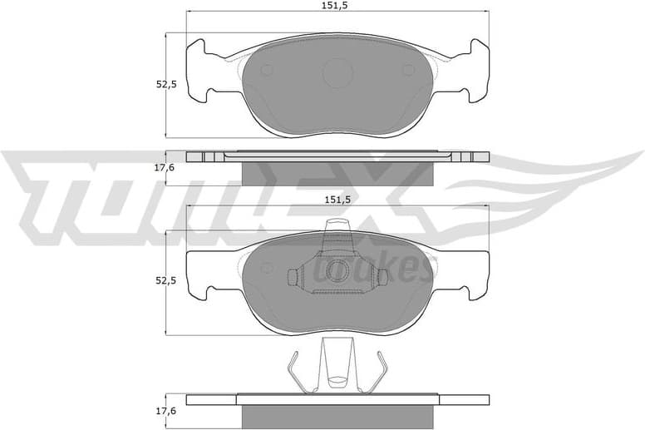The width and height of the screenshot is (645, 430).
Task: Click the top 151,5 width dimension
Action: coord(335,6)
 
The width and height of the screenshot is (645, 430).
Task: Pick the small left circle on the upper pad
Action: coord(267,71)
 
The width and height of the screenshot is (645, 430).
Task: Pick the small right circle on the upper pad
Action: coord(409,71)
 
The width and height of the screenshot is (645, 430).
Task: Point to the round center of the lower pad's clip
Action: coord(337,270)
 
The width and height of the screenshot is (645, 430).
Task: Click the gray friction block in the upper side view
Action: coord(337,172)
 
